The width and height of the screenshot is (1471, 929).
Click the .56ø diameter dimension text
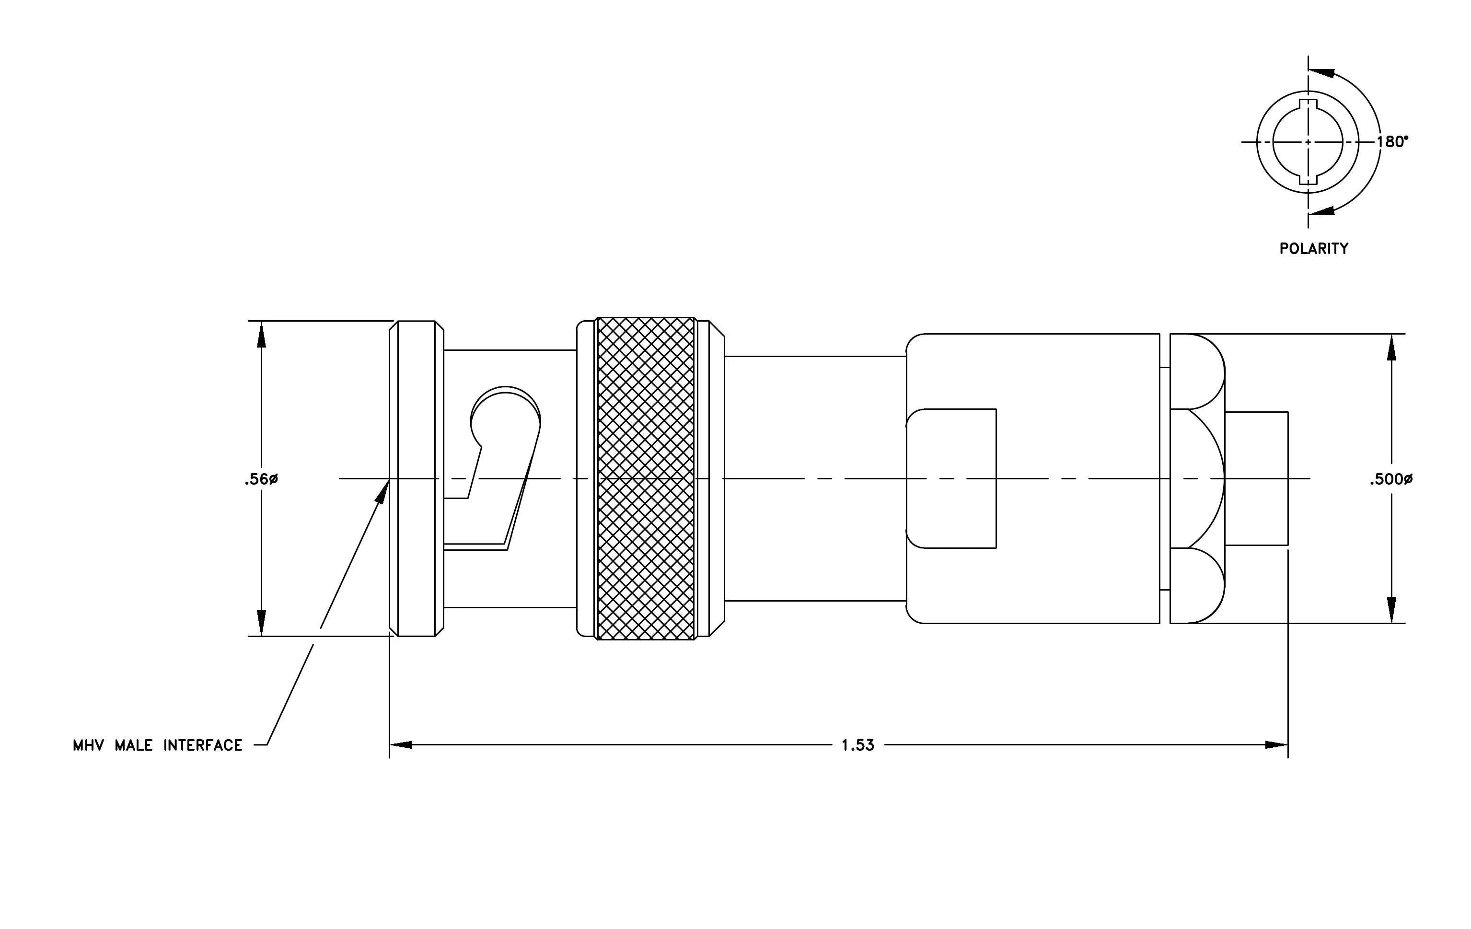[261, 479]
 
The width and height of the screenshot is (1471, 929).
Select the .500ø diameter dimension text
[1391, 479]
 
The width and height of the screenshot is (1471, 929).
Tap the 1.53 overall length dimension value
[857, 745]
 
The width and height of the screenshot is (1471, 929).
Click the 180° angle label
[1392, 142]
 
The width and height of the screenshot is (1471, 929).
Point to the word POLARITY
[1314, 249]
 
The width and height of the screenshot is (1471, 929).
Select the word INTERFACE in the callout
[203, 745]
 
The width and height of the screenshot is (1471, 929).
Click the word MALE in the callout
[134, 745]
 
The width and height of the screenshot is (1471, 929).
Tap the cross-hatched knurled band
[646, 479]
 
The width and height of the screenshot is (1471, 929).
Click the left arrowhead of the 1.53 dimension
[401, 745]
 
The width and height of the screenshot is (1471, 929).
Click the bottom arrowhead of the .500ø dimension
[1391, 610]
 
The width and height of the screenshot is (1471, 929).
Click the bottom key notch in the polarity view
[1308, 179]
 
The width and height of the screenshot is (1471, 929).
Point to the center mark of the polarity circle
[1308, 142]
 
